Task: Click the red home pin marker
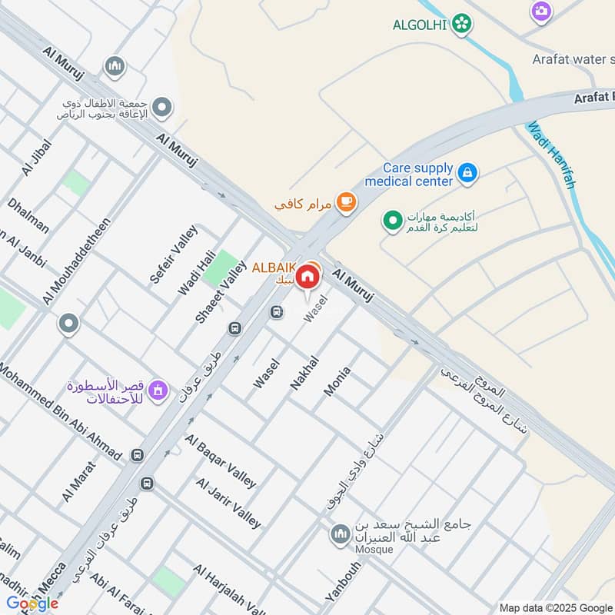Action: click(308, 277)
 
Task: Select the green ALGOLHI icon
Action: click(461, 25)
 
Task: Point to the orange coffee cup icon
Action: click(347, 201)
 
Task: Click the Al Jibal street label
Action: click(37, 158)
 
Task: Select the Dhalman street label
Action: click(28, 216)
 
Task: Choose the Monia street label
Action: click(337, 381)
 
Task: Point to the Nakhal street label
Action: click(304, 372)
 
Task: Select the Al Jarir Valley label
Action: click(228, 503)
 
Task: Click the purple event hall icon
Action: click(159, 391)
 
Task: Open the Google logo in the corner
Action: click(32, 603)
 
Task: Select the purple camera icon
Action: click(541, 11)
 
